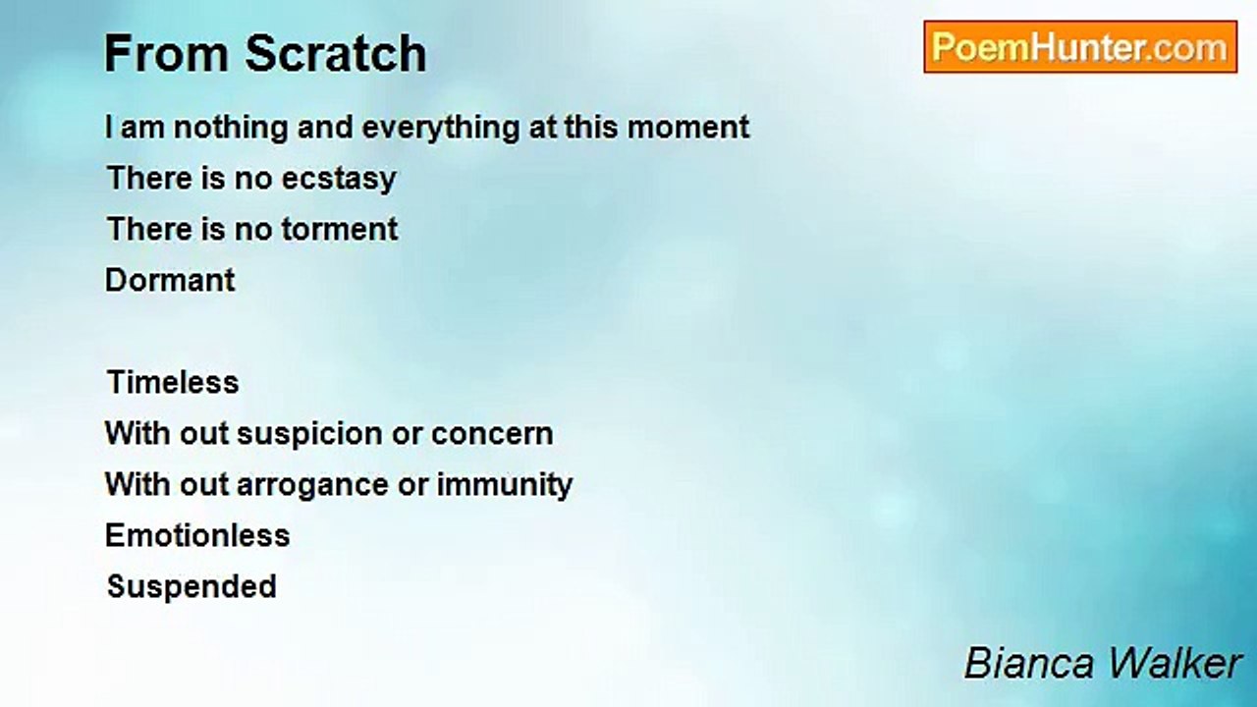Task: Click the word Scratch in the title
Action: (336, 53)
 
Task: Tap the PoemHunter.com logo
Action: (1080, 47)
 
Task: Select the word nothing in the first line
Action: (233, 128)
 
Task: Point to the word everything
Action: (441, 129)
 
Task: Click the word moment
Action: (688, 128)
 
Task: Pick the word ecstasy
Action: (339, 180)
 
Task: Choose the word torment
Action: (340, 230)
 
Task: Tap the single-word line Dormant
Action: (170, 280)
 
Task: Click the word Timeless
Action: (173, 382)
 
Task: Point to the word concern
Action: (492, 434)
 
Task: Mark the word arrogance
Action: (312, 486)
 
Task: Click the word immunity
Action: (505, 485)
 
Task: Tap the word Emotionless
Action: (197, 535)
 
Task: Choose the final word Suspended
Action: (191, 587)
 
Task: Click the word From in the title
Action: (167, 54)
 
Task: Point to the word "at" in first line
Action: (543, 128)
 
